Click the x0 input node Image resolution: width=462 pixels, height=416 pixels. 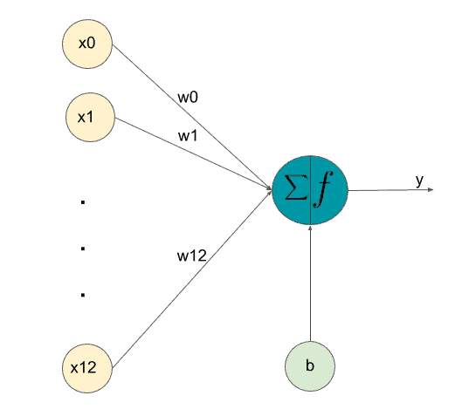pyautogui.click(x=87, y=44)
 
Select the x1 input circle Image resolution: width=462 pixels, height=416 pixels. pyautogui.click(x=90, y=118)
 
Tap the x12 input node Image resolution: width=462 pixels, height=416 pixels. pyautogui.click(x=87, y=368)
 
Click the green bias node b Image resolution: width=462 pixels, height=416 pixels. pyautogui.click(x=310, y=366)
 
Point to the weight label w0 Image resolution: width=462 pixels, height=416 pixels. pyautogui.click(x=188, y=97)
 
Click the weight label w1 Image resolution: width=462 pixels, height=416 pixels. pyautogui.click(x=188, y=136)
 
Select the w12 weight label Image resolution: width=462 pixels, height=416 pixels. pyautogui.click(x=192, y=256)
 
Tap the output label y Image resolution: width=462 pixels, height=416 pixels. pyautogui.click(x=419, y=180)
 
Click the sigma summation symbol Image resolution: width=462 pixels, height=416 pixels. pyautogui.click(x=296, y=188)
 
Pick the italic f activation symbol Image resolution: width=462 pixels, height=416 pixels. pyautogui.click(x=323, y=189)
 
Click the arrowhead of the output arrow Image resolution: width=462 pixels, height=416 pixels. pyautogui.click(x=431, y=190)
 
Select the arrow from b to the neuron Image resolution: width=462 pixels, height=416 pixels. pyautogui.click(x=310, y=283)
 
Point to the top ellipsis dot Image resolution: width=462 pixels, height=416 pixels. pyautogui.click(x=83, y=202)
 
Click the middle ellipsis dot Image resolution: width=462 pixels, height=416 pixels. pyautogui.click(x=83, y=249)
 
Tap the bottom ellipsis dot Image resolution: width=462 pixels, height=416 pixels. pyautogui.click(x=83, y=295)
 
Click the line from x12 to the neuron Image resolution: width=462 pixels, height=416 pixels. pyautogui.click(x=192, y=279)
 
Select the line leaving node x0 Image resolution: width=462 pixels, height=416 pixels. pyautogui.click(x=192, y=117)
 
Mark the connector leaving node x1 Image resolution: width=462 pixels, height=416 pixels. pyautogui.click(x=194, y=153)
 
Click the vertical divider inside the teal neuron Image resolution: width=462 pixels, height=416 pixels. pyautogui.click(x=310, y=190)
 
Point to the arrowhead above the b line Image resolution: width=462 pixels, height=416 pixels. pyautogui.click(x=310, y=228)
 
